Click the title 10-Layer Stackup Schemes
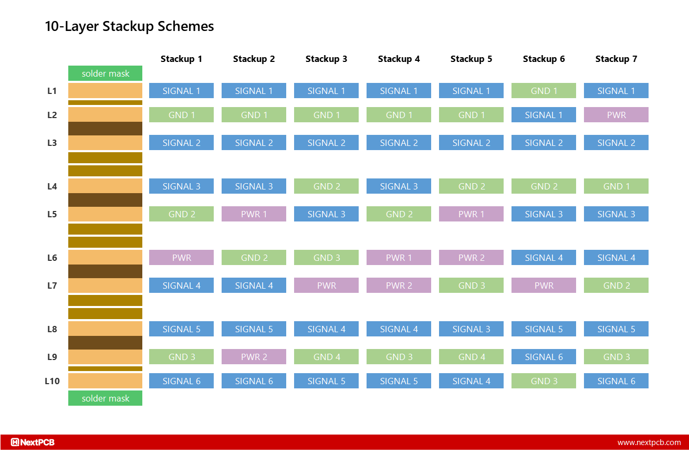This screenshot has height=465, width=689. click(129, 26)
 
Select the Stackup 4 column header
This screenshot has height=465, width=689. click(399, 59)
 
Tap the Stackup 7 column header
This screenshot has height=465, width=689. click(616, 59)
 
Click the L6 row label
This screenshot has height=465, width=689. click(52, 258)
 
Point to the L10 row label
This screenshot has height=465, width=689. click(52, 381)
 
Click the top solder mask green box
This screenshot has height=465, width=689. click(105, 73)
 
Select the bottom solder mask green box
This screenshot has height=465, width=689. click(105, 398)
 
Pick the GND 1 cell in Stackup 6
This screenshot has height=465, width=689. click(544, 91)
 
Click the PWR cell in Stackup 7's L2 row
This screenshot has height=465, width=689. click(616, 115)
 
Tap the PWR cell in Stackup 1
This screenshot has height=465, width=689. click(181, 258)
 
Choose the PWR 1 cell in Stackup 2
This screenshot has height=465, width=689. click(254, 214)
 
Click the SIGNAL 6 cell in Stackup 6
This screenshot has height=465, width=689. click(544, 357)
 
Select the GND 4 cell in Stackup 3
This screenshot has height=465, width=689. click(326, 357)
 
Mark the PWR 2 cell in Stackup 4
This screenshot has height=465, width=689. click(399, 286)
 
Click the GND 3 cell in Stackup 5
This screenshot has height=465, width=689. click(471, 286)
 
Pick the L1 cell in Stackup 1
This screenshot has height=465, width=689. click(181, 91)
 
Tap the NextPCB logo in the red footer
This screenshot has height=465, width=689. click(33, 442)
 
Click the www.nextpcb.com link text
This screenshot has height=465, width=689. click(649, 442)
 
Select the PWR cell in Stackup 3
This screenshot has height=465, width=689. click(326, 286)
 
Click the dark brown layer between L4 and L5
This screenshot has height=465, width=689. click(105, 200)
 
